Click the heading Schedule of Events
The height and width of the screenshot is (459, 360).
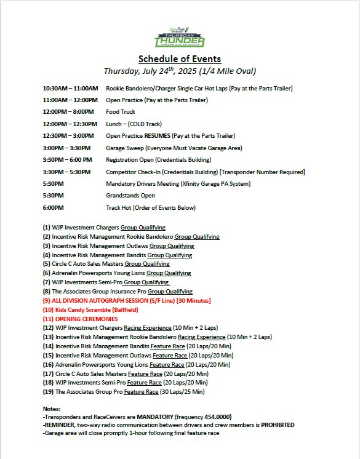pyautogui.click(x=180, y=59)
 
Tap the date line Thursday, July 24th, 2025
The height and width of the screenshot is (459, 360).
pyautogui.click(x=180, y=71)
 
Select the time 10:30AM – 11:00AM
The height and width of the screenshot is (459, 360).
pyautogui.click(x=71, y=89)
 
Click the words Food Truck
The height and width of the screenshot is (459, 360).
pyautogui.click(x=121, y=112)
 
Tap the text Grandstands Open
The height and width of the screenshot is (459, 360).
pyautogui.click(x=130, y=196)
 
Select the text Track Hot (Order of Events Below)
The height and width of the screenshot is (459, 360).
pyautogui.click(x=151, y=208)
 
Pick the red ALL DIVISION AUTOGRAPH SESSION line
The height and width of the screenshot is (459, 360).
pyautogui.click(x=127, y=300)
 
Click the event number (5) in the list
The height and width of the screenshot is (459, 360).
pyautogui.click(x=47, y=264)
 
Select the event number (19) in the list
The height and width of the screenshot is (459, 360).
pyautogui.click(x=49, y=391)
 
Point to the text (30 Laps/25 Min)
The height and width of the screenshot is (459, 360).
pyautogui.click(x=185, y=391)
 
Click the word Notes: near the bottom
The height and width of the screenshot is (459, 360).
pyautogui.click(x=53, y=409)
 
